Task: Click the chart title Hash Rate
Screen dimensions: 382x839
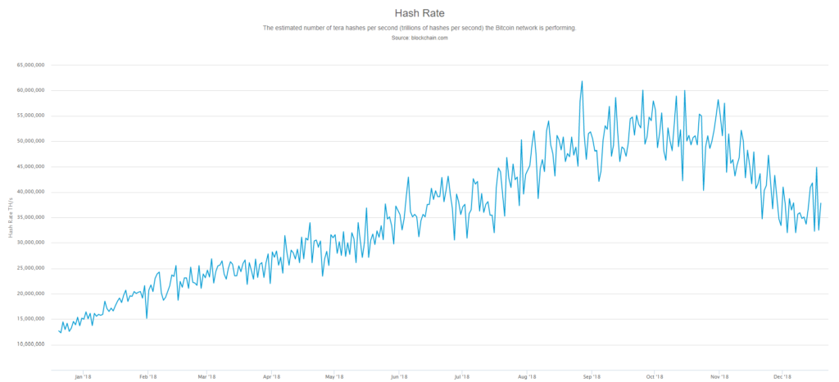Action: [419, 13]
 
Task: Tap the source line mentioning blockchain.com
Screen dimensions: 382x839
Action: [419, 39]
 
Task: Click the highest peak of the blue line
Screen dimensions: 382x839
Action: [582, 81]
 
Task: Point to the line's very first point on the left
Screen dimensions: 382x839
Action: [59, 331]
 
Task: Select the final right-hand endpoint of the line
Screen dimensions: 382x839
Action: [821, 203]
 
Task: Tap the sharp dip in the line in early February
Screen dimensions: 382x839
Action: [147, 317]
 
